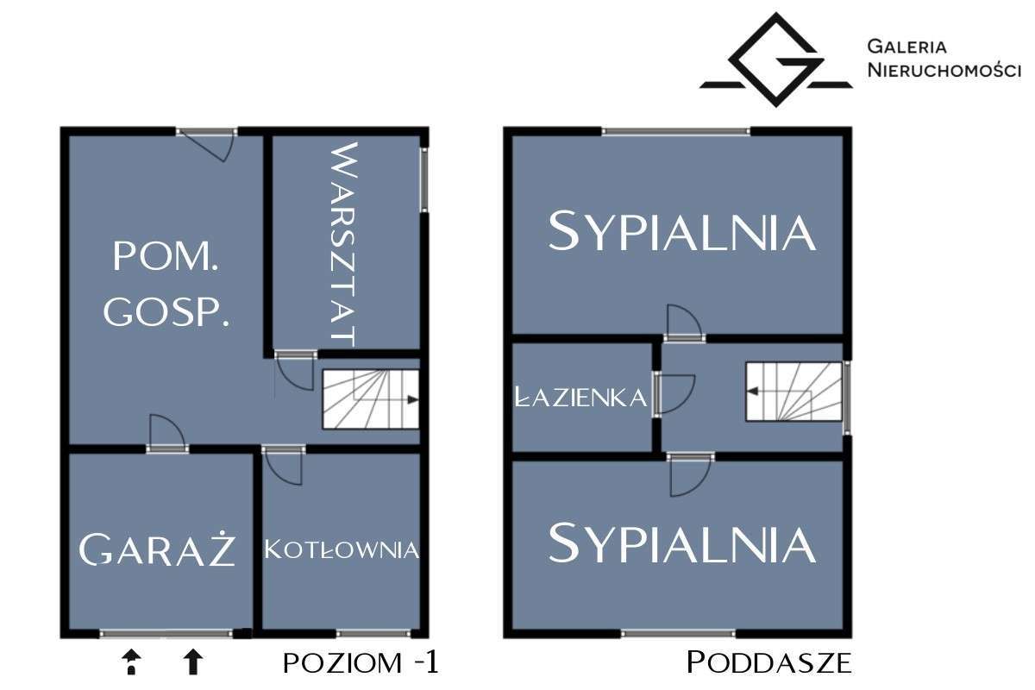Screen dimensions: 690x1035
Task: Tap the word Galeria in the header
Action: tap(908, 47)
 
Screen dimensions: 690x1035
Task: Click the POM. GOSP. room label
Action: tap(166, 285)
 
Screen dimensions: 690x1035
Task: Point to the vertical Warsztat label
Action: tap(343, 243)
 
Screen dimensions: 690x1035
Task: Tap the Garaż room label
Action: tap(158, 549)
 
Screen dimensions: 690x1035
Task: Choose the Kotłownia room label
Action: tap(342, 549)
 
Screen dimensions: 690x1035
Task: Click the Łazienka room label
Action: tap(580, 398)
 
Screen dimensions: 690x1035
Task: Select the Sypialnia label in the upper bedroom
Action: tap(681, 231)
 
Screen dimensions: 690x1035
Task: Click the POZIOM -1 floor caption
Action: tap(361, 662)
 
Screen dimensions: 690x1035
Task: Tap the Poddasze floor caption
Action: tap(769, 662)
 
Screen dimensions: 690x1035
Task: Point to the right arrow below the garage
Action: tap(193, 662)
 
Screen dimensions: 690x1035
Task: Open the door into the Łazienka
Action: tap(673, 395)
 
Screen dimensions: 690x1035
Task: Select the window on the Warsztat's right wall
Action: tap(423, 179)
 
